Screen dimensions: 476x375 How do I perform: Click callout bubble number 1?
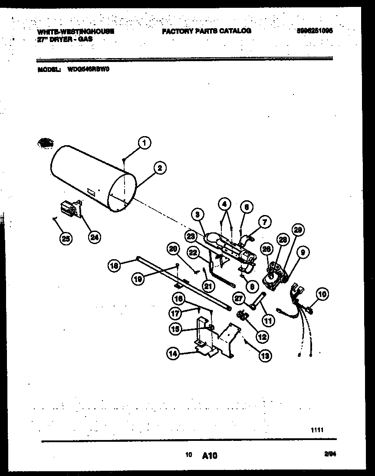pyautogui.click(x=145, y=143)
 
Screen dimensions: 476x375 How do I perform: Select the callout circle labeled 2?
pyautogui.click(x=160, y=168)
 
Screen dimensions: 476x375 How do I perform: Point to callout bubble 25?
pyautogui.click(x=67, y=238)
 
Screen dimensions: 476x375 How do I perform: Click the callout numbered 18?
pyautogui.click(x=114, y=266)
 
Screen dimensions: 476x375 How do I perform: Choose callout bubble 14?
pyautogui.click(x=173, y=354)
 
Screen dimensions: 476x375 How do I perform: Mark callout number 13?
pyautogui.click(x=264, y=355)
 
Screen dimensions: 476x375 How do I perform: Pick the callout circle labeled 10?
pyautogui.click(x=322, y=295)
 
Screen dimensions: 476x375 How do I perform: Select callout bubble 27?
pyautogui.click(x=238, y=298)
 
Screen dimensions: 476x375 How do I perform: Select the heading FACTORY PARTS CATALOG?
pyautogui.click(x=207, y=31)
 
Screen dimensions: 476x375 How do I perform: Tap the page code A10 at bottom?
pyautogui.click(x=209, y=455)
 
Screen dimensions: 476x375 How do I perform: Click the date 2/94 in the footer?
pyautogui.click(x=330, y=454)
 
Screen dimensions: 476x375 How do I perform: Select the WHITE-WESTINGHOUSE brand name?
pyautogui.click(x=76, y=31)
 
